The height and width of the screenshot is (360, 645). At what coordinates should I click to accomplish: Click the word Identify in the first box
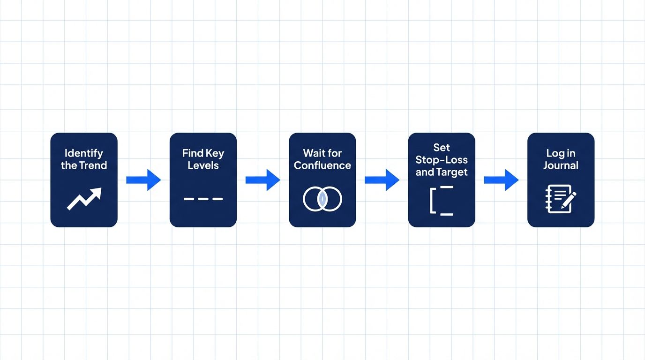coord(83,153)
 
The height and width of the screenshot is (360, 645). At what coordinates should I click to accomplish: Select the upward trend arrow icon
coord(84,198)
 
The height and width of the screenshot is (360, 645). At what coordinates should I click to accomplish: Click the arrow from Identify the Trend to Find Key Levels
coord(143,180)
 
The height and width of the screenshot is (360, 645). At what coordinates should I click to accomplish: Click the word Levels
coord(203,165)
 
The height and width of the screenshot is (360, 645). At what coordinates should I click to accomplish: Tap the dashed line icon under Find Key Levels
coord(203,199)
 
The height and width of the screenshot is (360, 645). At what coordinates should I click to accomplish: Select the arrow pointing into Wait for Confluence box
coord(262,180)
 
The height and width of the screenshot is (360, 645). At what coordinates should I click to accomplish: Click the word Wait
coord(313,153)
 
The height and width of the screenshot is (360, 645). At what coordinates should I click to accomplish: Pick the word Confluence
coord(322,165)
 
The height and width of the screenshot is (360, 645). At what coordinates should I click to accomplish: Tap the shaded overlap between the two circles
coord(322,199)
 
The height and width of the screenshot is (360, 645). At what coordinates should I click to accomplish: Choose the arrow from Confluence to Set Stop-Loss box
coord(382,180)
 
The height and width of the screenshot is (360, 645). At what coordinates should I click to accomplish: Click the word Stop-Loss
coord(442,160)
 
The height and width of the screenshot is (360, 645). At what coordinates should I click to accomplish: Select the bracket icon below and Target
coord(431,201)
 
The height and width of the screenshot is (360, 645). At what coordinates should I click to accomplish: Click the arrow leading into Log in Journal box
coord(501,180)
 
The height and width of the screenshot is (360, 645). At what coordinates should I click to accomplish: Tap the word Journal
coord(561,165)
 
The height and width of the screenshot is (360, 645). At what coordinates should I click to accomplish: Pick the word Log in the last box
coord(554,153)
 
